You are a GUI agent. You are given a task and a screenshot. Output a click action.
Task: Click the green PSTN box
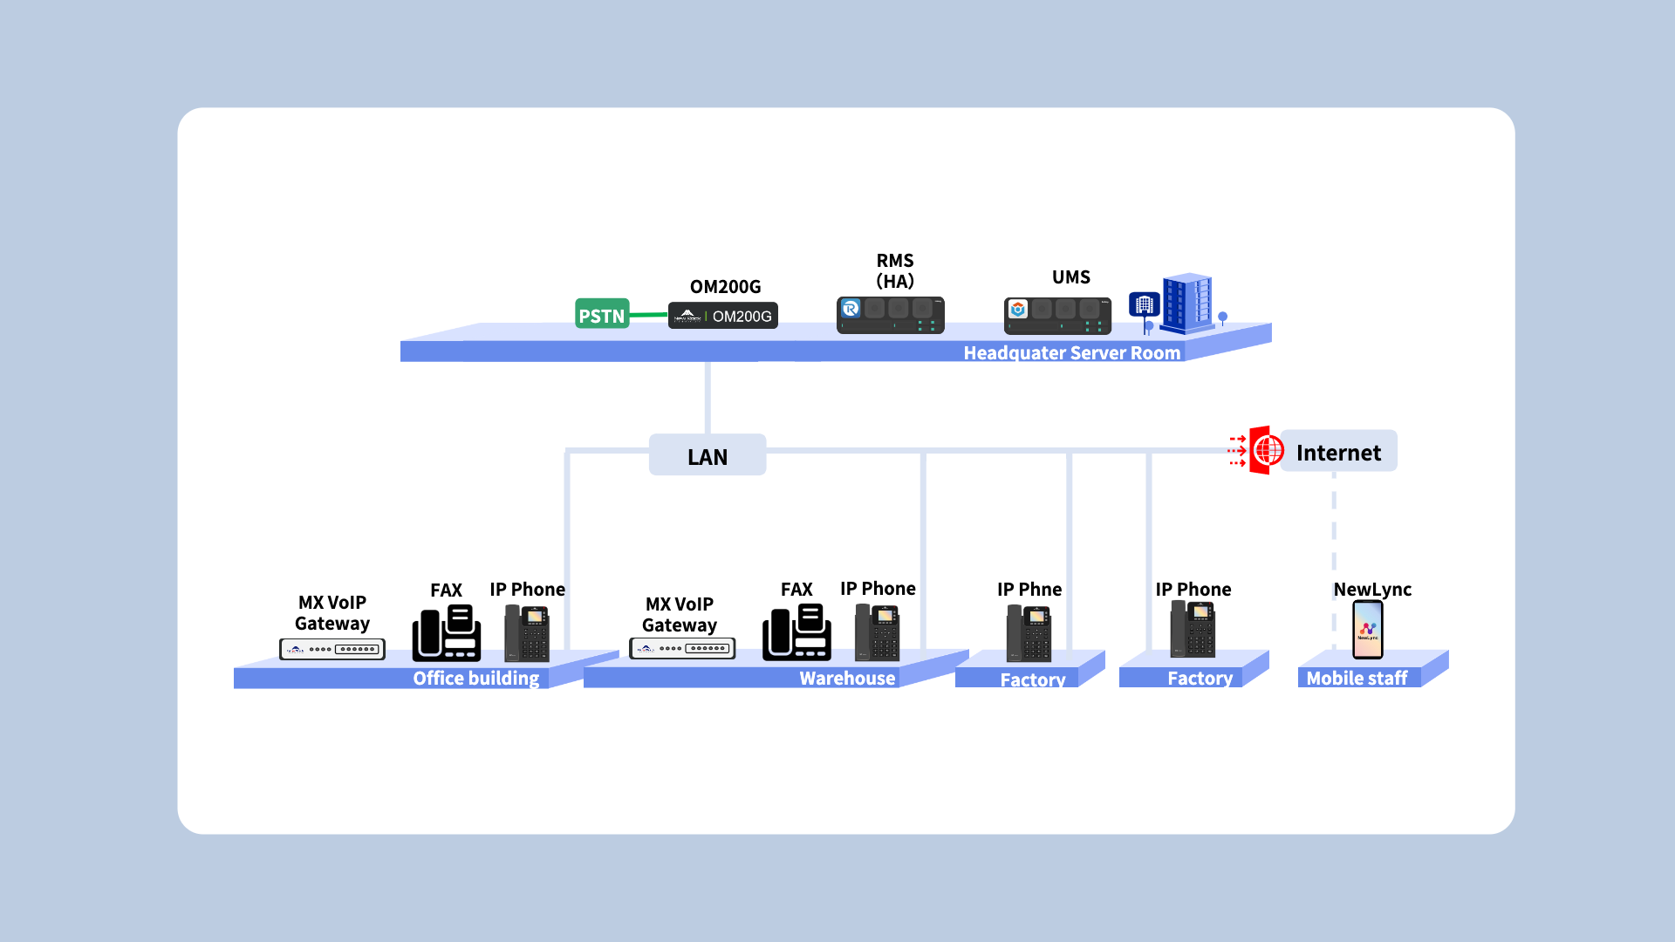(x=602, y=314)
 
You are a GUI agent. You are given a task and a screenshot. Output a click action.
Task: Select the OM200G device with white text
(x=723, y=316)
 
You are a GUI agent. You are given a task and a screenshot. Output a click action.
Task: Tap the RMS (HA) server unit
(x=890, y=315)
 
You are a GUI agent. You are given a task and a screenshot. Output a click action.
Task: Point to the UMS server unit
(x=1057, y=316)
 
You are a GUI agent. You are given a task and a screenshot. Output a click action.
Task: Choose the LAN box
(x=708, y=455)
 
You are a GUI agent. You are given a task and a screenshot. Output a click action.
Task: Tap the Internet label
(x=1338, y=452)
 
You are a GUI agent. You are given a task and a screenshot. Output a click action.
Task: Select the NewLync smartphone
(x=1367, y=629)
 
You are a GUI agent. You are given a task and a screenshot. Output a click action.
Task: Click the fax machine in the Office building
(x=446, y=632)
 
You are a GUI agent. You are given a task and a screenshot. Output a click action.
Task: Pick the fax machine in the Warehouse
(x=796, y=632)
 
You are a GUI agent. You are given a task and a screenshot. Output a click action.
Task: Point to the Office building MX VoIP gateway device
(x=332, y=649)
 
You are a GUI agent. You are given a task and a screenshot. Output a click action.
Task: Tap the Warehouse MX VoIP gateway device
(x=682, y=649)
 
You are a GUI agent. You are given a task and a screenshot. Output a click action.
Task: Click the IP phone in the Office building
(x=527, y=632)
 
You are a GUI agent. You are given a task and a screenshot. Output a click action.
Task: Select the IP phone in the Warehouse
(x=877, y=632)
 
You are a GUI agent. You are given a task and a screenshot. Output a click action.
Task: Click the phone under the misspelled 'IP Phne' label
(x=1029, y=633)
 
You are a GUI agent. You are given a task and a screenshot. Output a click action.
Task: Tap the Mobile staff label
(x=1357, y=679)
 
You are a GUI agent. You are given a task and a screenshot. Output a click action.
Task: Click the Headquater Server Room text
(x=1071, y=353)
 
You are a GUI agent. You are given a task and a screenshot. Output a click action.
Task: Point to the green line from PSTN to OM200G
(x=648, y=315)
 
